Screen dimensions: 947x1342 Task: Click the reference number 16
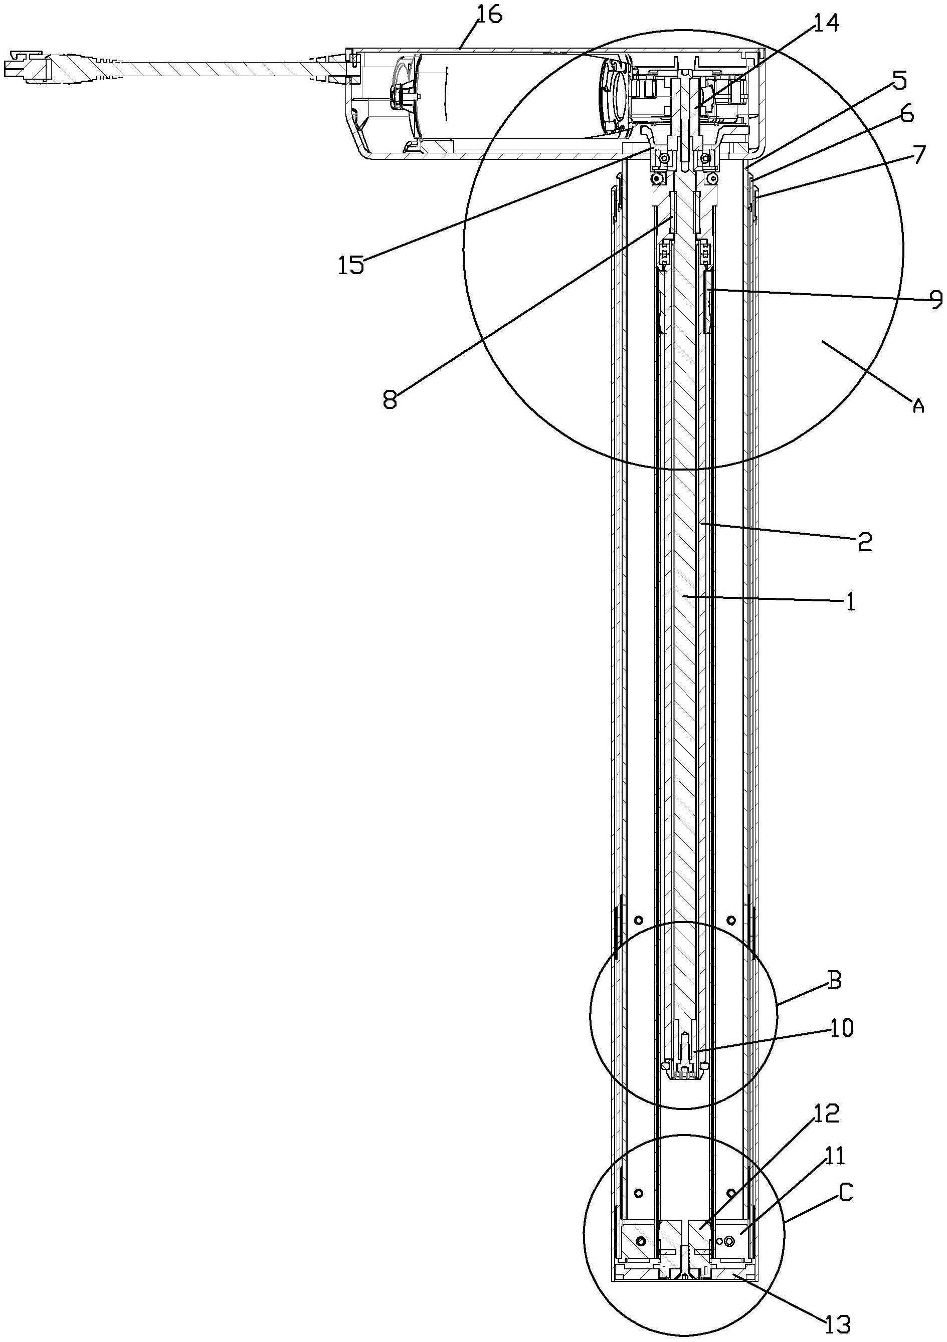[x=489, y=16]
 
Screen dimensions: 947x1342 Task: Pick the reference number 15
[x=351, y=265]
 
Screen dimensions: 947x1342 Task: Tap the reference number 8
[x=390, y=400]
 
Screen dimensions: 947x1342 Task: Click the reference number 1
[x=851, y=601]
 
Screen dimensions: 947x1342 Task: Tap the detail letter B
[x=835, y=980]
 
